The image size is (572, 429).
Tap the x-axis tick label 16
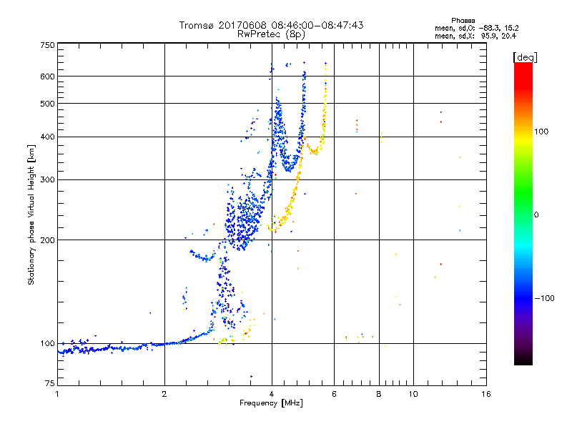(485, 394)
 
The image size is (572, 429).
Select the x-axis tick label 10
(413, 394)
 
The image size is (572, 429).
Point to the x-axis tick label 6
(334, 394)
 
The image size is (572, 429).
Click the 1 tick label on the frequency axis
(57, 394)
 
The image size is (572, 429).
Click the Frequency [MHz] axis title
(271, 403)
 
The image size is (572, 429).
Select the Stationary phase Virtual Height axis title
(31, 215)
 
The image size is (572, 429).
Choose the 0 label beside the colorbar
(537, 214)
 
